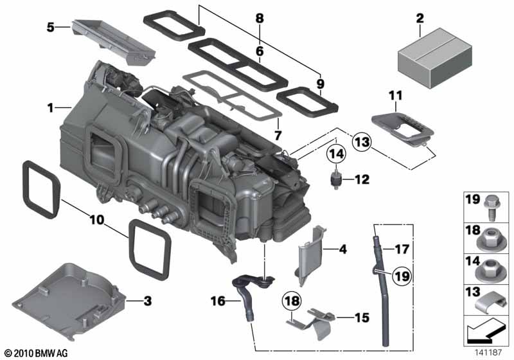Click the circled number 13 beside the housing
pyautogui.click(x=361, y=142)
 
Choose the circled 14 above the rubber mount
pyautogui.click(x=337, y=154)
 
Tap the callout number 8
pyautogui.click(x=259, y=18)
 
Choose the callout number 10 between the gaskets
pyautogui.click(x=96, y=220)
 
